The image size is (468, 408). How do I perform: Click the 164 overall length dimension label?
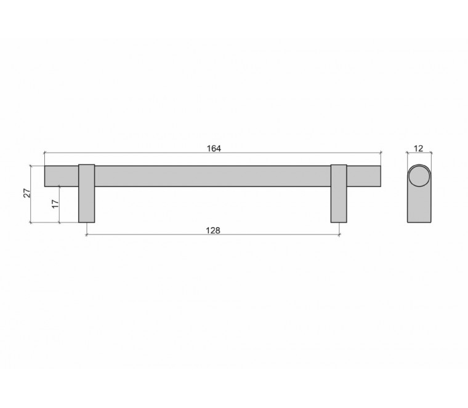(214, 148)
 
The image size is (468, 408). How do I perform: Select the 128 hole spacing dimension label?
(213, 230)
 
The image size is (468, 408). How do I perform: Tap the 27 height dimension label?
(27, 193)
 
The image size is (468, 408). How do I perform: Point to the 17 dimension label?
(55, 204)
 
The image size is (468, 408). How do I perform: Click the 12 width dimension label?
(419, 148)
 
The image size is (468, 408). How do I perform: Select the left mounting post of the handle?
(87, 194)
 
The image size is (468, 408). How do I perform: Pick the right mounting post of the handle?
(339, 194)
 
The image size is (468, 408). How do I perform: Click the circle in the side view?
(419, 176)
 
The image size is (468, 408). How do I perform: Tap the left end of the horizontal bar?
(45, 176)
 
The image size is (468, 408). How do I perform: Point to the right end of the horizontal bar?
(381, 176)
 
